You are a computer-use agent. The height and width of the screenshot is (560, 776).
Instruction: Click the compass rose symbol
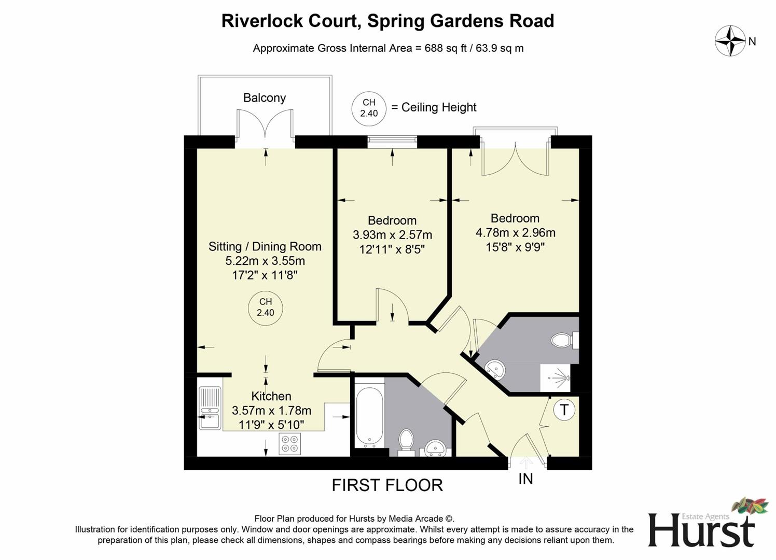click(730, 41)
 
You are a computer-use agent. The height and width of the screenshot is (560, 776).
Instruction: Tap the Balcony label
click(265, 98)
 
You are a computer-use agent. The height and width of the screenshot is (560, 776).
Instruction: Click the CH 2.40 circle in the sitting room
click(266, 307)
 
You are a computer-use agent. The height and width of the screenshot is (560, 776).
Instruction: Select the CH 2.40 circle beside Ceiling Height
click(369, 108)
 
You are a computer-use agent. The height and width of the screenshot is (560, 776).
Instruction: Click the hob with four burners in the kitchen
click(289, 444)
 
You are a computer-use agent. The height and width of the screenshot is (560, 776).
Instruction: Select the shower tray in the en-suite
click(556, 377)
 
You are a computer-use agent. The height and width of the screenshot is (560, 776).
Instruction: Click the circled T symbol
click(564, 410)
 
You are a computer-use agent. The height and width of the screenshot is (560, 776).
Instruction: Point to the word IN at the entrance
click(525, 479)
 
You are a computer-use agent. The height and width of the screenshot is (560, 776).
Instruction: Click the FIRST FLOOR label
click(387, 485)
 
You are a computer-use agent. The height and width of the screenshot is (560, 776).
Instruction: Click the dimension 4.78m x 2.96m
click(515, 233)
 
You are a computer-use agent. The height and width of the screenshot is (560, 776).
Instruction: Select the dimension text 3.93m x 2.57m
click(392, 235)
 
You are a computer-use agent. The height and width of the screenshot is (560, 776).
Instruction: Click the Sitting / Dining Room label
click(265, 247)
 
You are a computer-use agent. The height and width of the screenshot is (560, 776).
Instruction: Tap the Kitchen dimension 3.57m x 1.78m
click(271, 411)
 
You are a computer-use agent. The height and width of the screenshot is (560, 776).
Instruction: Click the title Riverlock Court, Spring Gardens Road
click(387, 21)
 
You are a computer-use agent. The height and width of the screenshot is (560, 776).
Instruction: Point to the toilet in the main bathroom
click(406, 440)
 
